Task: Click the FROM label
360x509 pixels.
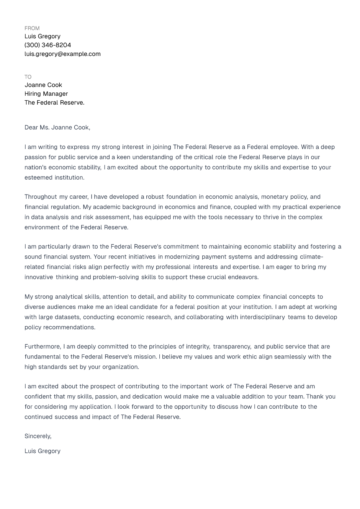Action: point(32,28)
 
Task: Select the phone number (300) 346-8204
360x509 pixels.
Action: point(47,45)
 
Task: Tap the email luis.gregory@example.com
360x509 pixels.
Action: point(62,54)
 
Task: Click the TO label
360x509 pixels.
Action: point(28,77)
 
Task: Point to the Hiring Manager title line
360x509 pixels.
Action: point(46,94)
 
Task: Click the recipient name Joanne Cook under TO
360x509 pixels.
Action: point(43,85)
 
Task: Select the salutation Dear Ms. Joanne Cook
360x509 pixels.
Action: point(57,128)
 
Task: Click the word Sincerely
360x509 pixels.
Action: point(38,436)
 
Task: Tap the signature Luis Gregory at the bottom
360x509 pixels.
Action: point(43,451)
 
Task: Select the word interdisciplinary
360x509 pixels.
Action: point(262,317)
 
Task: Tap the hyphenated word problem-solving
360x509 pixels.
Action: point(116,277)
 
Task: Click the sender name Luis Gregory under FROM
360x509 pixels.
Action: point(43,36)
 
